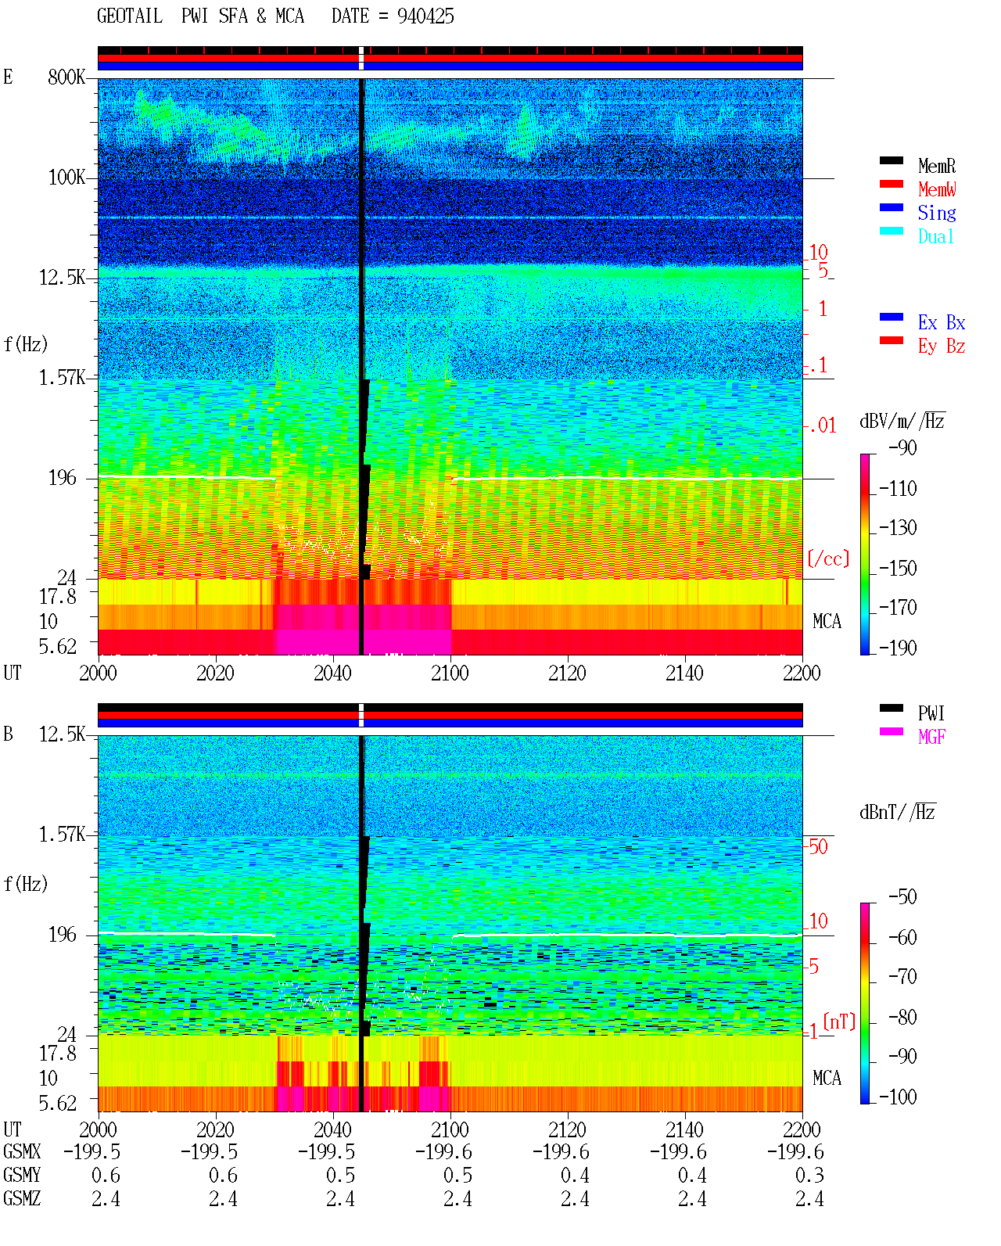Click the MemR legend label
tap(936, 166)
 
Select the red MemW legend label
tap(937, 189)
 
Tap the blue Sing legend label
tap(937, 213)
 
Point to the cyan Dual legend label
tap(935, 236)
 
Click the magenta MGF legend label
tap(931, 737)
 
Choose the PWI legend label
tap(931, 713)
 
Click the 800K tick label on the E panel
tap(66, 77)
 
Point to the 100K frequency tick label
tap(66, 178)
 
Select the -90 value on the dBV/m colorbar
tap(902, 447)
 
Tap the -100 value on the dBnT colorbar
tap(898, 1097)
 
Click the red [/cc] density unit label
tap(828, 558)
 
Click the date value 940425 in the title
tap(425, 16)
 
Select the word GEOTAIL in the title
tap(130, 16)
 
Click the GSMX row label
tap(22, 1151)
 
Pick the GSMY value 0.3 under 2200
tap(809, 1175)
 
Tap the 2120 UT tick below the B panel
tap(568, 1129)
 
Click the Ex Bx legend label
tap(942, 322)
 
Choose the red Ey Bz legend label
tap(942, 347)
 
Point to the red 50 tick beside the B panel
tap(818, 846)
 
